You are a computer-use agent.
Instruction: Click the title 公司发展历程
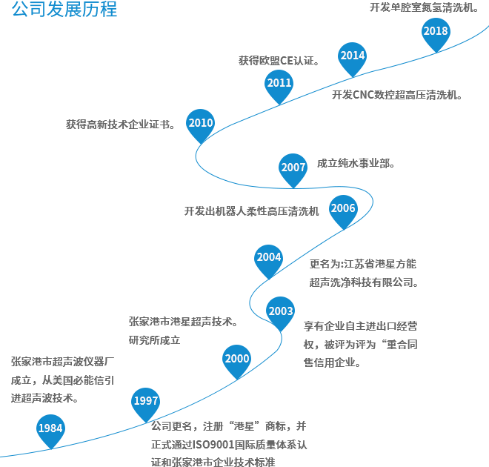pos(64,10)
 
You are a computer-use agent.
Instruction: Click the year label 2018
pos(436,31)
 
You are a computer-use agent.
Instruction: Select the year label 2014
pos(353,56)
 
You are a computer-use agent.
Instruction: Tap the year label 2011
pos(279,83)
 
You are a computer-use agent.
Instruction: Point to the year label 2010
pos(201,123)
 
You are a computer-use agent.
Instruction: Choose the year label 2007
pos(293,168)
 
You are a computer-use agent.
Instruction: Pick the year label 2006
pos(343,208)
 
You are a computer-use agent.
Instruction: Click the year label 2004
pos(269,257)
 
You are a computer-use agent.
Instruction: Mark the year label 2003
pos(281,311)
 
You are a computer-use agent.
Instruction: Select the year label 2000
pos(237,359)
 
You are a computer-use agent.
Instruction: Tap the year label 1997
pos(146,401)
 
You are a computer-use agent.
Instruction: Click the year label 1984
pos(50,428)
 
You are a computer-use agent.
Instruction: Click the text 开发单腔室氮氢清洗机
pos(424,7)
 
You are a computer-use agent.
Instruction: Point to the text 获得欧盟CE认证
pos(278,61)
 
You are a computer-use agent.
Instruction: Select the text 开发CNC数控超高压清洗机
pos(396,95)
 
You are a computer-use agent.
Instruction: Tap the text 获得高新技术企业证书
pos(120,125)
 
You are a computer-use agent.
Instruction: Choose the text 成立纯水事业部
pos(356,163)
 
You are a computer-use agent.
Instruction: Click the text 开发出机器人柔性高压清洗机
pos(252,211)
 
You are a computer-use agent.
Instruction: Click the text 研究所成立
pos(154,340)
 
